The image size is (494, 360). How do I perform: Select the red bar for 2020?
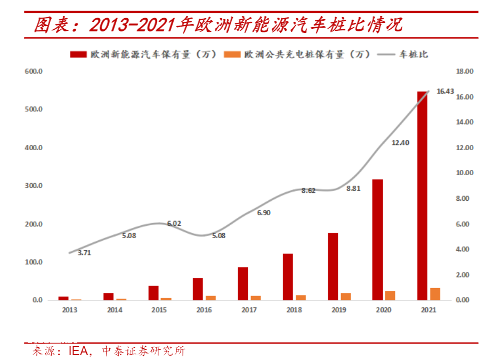(x=377, y=240)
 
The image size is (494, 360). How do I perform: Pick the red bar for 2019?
(x=333, y=266)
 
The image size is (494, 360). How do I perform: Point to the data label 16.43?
(x=445, y=91)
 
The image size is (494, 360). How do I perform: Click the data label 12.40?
(x=400, y=142)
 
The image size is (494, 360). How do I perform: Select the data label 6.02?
(x=174, y=223)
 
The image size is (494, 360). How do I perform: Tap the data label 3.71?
(x=84, y=253)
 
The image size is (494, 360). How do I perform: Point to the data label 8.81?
(x=353, y=188)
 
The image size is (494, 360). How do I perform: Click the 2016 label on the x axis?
(x=204, y=310)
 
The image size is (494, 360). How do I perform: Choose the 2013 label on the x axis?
(x=69, y=310)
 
